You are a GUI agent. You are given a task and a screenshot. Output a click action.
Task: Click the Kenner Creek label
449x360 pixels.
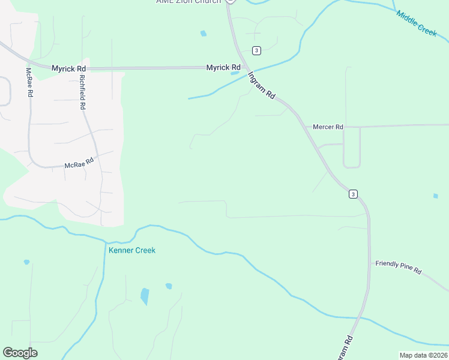click(x=132, y=250)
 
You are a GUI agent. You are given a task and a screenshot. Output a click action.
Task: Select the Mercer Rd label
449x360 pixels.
click(x=328, y=127)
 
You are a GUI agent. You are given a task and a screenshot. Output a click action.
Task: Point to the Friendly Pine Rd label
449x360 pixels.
click(x=399, y=268)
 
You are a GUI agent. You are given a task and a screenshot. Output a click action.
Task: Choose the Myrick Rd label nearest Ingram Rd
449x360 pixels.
click(x=223, y=68)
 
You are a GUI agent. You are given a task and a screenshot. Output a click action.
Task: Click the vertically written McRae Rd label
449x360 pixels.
click(x=28, y=83)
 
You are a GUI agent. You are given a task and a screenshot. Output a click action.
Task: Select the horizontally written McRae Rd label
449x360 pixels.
click(x=79, y=162)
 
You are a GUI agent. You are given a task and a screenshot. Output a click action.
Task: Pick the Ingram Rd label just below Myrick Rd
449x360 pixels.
click(x=262, y=86)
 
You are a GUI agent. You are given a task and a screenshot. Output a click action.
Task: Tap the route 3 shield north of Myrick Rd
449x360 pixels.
click(x=256, y=50)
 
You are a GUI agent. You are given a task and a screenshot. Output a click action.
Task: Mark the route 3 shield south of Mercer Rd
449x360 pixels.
click(x=353, y=193)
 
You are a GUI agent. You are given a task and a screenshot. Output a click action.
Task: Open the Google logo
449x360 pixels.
click(x=20, y=353)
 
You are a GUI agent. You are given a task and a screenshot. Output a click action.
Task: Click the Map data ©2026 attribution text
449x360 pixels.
click(x=423, y=355)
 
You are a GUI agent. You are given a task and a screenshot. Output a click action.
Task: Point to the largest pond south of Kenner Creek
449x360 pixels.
click(x=145, y=296)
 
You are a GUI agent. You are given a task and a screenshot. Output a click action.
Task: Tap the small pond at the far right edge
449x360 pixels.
click(x=436, y=196)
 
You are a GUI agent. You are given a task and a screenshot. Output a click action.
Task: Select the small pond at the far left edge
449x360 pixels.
click(x=26, y=262)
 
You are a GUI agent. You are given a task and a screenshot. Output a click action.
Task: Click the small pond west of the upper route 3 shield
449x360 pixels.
click(x=203, y=34)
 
